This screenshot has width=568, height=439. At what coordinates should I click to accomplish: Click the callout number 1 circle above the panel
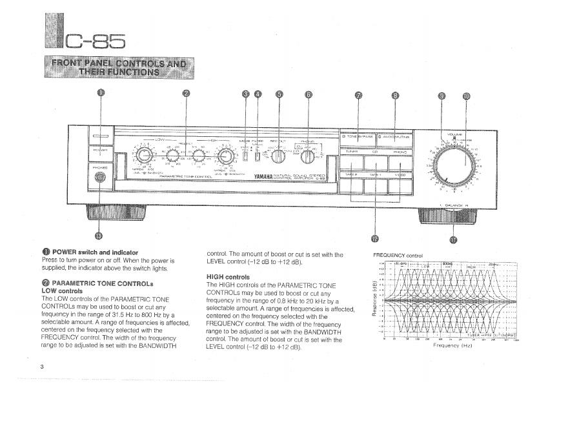(100, 93)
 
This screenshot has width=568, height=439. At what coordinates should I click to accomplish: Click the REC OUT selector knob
(279, 157)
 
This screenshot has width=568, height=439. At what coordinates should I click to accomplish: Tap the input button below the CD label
(378, 162)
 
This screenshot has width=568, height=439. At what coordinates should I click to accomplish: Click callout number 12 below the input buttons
(376, 240)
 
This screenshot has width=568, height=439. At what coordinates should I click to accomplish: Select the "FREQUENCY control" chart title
(398, 255)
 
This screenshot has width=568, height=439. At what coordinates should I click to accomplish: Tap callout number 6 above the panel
(309, 94)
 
